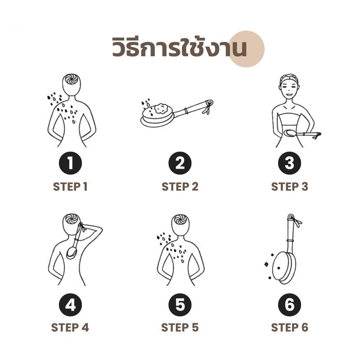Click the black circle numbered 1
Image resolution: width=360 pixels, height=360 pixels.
tap(70, 163)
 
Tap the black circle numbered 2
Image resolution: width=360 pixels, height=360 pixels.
tap(180, 163)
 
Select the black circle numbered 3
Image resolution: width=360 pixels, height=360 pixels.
tap(289, 163)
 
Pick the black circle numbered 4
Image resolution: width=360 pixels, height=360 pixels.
tap(70, 305)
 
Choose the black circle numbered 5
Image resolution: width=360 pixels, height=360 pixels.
tap(180, 305)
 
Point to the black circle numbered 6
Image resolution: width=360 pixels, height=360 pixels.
tap(289, 305)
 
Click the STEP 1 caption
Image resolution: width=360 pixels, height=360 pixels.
tap(70, 187)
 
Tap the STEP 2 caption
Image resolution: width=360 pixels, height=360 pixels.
tap(180, 187)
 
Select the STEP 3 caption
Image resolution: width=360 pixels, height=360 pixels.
tap(289, 187)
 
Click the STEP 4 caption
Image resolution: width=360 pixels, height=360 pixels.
tap(70, 328)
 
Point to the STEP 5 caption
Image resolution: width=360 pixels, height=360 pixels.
tap(180, 328)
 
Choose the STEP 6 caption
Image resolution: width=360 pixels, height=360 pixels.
tap(289, 328)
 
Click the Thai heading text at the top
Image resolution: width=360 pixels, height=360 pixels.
tap(180, 47)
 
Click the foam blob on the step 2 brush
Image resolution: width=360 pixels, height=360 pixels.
tap(162, 109)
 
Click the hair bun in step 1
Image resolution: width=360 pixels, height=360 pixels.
tap(71, 79)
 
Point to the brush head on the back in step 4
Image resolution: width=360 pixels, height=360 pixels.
tap(72, 253)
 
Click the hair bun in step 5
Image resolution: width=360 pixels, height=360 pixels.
tap(180, 220)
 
